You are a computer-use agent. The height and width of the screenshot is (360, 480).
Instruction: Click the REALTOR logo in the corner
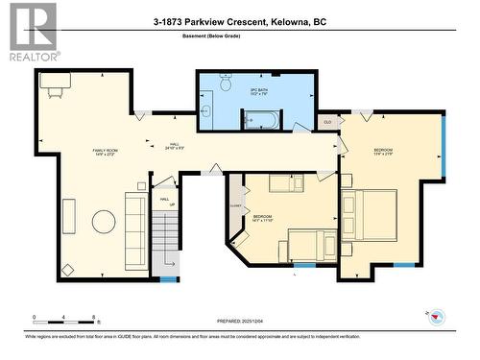(x=29, y=31)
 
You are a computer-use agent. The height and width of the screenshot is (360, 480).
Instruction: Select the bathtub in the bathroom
(x=260, y=119)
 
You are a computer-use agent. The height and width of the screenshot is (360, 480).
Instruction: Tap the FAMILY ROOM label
(x=105, y=151)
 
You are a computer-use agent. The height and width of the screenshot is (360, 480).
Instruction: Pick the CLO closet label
(x=327, y=122)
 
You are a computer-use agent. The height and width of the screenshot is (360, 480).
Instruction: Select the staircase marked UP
(x=166, y=240)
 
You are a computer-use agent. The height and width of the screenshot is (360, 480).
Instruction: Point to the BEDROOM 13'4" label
(x=384, y=151)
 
